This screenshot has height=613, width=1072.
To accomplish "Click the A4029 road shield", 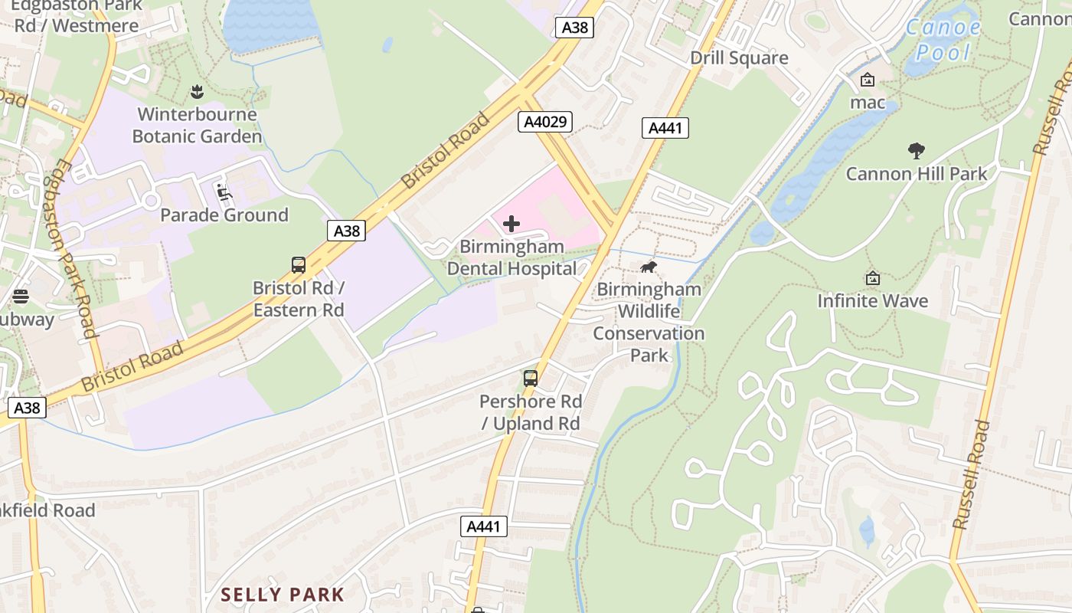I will (544, 121).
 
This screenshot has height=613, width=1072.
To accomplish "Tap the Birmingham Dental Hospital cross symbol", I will (511, 224).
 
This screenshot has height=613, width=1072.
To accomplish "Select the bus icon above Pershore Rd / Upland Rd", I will (531, 378).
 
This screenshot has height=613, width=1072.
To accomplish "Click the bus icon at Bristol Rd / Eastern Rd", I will (299, 265).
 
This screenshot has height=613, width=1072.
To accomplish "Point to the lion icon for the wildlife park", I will (649, 267).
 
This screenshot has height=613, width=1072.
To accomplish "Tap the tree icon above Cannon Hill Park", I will (916, 150).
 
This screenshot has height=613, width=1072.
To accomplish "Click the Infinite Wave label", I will (872, 300).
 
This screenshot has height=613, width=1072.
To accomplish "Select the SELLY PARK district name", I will (283, 594).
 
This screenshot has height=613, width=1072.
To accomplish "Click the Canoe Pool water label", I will (943, 40).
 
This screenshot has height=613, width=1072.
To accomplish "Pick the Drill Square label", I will (739, 58).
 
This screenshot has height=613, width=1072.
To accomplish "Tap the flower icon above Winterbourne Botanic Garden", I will (198, 93).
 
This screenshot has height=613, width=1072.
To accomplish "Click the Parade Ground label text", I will (224, 215).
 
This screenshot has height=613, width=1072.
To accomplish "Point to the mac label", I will (868, 102).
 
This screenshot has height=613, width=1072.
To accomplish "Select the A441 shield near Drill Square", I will (665, 128).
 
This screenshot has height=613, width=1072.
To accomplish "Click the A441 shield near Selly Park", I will (485, 526).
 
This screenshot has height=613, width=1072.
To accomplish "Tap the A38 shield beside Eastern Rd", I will (345, 230).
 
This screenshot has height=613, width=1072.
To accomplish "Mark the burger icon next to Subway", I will (21, 297).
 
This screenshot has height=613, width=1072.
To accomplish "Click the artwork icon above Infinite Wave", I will (872, 279).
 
